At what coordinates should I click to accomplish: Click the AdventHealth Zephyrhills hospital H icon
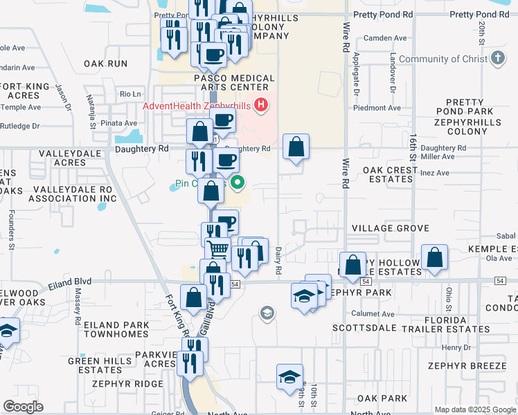pyautogui.click(x=261, y=105)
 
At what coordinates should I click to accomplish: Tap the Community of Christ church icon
pyautogui.click(x=497, y=59)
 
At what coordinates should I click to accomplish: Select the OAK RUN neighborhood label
pyautogui.click(x=106, y=63)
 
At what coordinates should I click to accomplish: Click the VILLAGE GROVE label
pyautogui.click(x=390, y=228)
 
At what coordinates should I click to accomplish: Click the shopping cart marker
pyautogui.click(x=218, y=248)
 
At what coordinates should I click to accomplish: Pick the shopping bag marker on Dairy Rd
pyautogui.click(x=296, y=147)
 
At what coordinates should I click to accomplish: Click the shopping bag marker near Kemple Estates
pyautogui.click(x=434, y=258)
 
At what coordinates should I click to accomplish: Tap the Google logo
pyautogui.click(x=24, y=407)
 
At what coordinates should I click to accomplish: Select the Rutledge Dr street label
pyautogui.click(x=20, y=126)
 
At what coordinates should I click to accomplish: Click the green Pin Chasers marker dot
pyautogui.click(x=238, y=183)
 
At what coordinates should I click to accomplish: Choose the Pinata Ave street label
pyautogui.click(x=120, y=123)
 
